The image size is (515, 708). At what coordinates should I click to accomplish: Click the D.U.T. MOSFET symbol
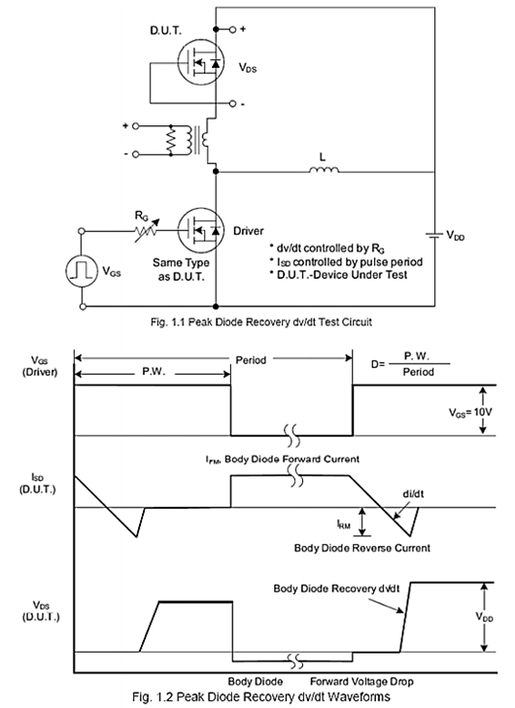200,63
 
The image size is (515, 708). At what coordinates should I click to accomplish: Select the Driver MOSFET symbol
200,231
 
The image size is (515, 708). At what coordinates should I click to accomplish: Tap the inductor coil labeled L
324,169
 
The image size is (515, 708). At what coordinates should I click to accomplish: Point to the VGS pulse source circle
82,270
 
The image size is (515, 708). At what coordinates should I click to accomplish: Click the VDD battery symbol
434,235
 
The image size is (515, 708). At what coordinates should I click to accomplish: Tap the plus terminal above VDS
232,29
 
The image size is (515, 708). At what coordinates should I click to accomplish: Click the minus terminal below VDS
232,103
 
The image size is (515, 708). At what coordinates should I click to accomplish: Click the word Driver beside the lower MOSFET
249,231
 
